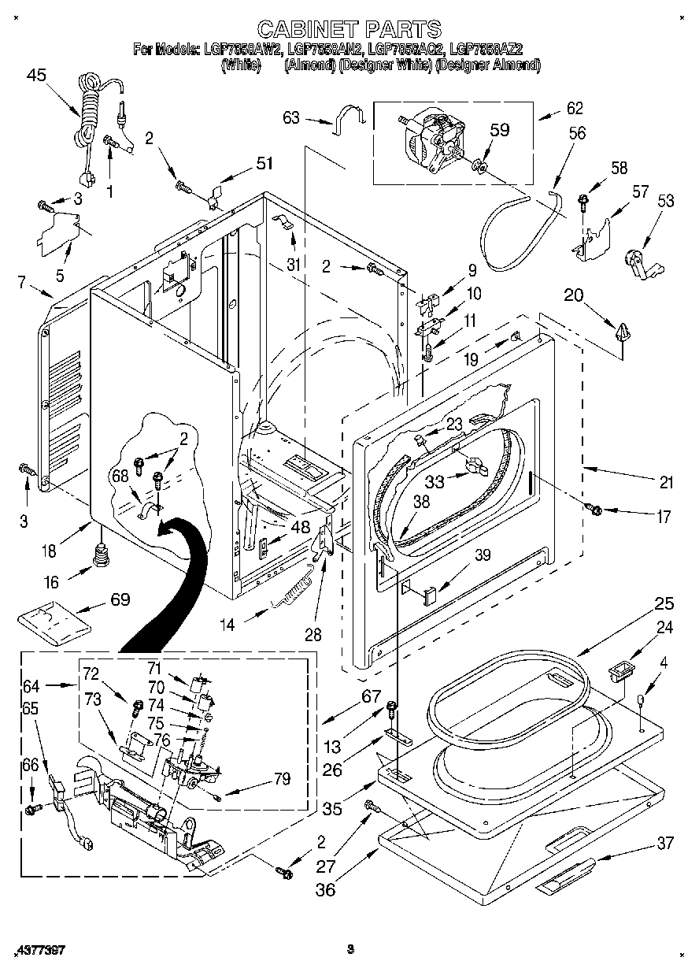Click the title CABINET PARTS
tap(349, 29)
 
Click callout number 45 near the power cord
tap(36, 75)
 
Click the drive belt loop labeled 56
tap(520, 228)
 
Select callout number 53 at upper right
tap(665, 202)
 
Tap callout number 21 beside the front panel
tap(666, 483)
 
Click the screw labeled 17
tap(596, 510)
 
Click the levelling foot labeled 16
tap(100, 557)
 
